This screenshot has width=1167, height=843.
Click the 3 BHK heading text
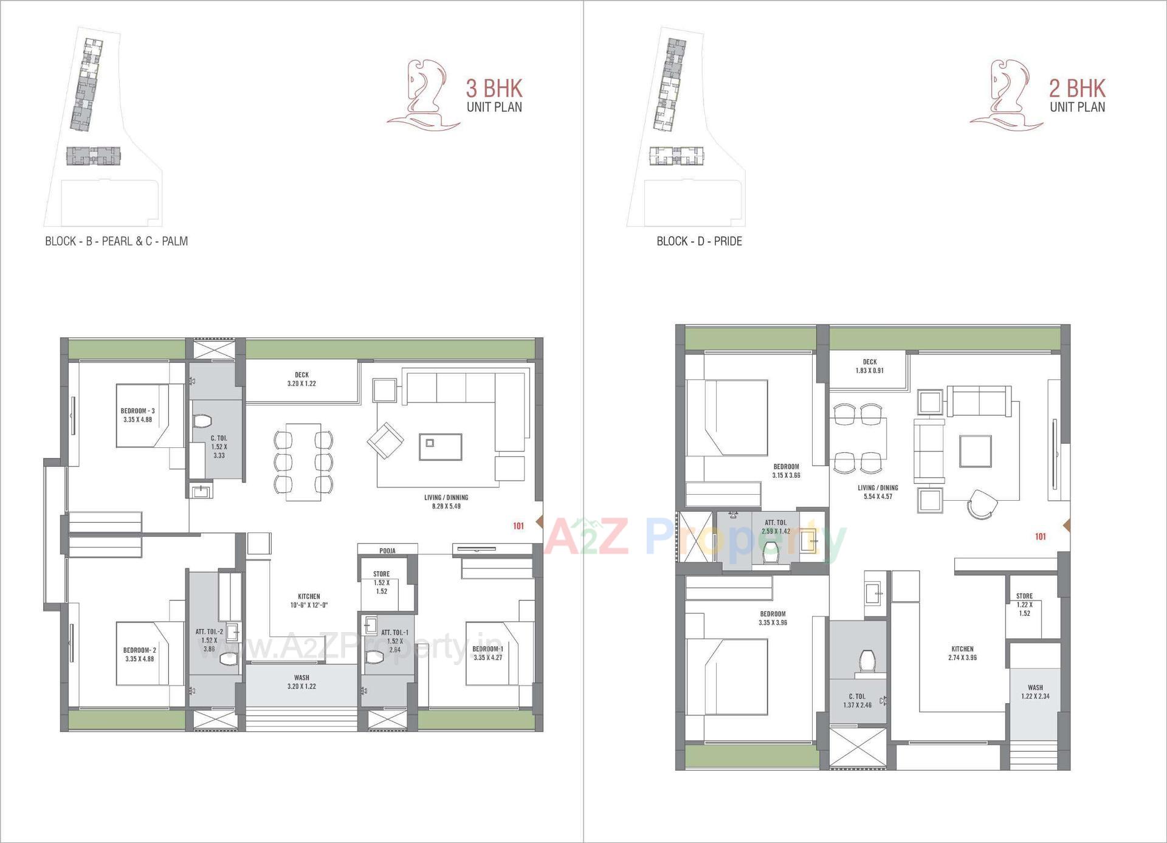494,89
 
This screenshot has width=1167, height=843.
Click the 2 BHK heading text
1077,89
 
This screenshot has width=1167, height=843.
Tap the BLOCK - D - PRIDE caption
699,241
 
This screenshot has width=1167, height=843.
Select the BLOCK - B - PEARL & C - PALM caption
116,241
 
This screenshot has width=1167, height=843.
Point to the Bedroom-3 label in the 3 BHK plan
137,415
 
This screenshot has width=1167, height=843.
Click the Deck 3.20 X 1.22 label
301,379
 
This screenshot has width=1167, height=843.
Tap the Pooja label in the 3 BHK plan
387,551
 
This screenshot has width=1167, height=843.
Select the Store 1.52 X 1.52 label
382,582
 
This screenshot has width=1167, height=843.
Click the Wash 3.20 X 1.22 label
301,682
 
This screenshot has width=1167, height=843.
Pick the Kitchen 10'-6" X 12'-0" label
309,600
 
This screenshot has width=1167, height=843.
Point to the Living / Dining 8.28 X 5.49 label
446,501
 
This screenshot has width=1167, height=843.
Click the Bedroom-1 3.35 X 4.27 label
487,653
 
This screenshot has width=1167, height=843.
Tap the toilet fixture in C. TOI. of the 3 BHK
201,421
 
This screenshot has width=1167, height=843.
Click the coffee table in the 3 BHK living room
440,447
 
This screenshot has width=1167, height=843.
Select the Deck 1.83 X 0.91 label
870,366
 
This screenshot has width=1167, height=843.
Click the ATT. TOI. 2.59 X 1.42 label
776,526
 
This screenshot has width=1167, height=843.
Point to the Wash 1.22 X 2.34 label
1035,692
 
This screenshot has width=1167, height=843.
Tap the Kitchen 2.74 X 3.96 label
962,653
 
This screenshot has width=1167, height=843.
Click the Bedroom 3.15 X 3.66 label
786,471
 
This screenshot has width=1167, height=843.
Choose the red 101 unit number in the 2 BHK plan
1040,537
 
